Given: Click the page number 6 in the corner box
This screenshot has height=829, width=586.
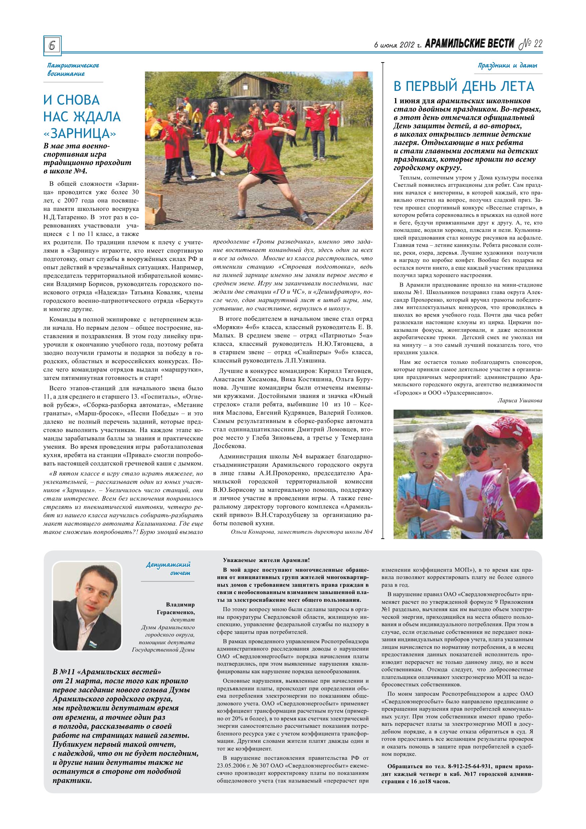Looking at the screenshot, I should click(x=52, y=45).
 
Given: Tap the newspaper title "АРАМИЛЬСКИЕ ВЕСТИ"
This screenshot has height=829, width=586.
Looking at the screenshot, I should click(x=469, y=44).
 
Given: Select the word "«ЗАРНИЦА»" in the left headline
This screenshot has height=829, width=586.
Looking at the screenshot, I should click(x=80, y=134).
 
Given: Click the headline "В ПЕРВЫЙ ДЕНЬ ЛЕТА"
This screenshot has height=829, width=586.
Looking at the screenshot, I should click(x=464, y=86).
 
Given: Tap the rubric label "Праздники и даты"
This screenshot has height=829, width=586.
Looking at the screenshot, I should click(x=507, y=65).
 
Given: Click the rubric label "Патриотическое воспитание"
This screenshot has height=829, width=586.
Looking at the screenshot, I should click(x=73, y=69).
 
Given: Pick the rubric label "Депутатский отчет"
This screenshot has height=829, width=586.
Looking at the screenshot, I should click(x=168, y=569).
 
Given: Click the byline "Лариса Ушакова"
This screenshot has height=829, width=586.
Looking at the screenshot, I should click(x=520, y=400).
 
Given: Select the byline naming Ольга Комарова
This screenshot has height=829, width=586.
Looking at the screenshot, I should click(x=301, y=532).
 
